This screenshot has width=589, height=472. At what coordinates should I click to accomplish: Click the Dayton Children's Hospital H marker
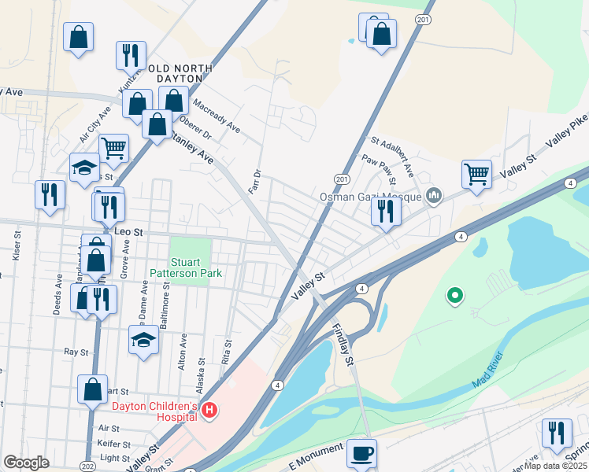point(209,410)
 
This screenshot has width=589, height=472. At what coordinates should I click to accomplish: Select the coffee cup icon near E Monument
point(361,454)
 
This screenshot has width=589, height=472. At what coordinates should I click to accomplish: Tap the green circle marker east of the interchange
point(454,296)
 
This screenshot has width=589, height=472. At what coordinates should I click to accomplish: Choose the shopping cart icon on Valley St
point(476,174)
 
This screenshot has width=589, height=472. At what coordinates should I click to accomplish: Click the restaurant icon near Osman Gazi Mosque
point(385,211)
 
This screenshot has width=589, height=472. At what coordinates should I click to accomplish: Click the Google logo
point(27,463)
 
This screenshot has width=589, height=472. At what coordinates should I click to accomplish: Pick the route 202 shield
point(87,466)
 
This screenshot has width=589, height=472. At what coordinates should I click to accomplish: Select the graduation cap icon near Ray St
point(143,340)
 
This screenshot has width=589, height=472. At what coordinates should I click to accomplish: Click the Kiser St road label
point(16,247)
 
